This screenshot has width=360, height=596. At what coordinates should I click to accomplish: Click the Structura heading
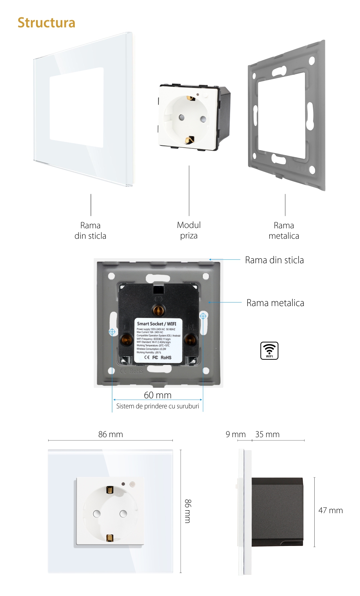(46, 23)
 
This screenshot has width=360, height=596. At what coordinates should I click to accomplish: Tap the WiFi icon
(269, 350)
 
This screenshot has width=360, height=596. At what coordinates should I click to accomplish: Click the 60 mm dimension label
(158, 395)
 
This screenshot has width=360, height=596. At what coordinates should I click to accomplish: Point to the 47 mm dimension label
(330, 510)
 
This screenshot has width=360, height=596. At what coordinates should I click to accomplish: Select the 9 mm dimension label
(235, 434)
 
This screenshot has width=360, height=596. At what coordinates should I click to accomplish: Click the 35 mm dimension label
(267, 434)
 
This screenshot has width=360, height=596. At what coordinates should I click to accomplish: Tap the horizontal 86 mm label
(111, 434)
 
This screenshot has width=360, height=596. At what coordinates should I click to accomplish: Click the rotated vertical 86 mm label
(188, 511)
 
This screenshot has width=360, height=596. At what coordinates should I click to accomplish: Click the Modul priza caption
(189, 230)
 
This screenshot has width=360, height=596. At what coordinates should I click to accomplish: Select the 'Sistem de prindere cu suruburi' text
(158, 406)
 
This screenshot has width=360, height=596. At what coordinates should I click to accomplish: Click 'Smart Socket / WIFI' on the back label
(157, 324)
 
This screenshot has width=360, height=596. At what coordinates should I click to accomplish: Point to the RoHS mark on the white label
(166, 358)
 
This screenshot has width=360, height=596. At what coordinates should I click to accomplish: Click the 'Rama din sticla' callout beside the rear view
(274, 260)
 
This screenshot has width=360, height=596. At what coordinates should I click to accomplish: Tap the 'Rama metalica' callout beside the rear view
(275, 303)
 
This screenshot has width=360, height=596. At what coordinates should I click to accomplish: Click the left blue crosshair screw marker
(112, 332)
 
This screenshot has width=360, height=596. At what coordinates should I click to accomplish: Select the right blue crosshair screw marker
(203, 316)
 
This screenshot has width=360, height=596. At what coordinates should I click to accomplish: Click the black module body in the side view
(277, 511)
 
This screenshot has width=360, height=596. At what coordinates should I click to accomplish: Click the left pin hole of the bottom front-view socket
(96, 514)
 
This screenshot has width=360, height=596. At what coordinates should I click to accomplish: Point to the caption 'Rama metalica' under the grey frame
(284, 230)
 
